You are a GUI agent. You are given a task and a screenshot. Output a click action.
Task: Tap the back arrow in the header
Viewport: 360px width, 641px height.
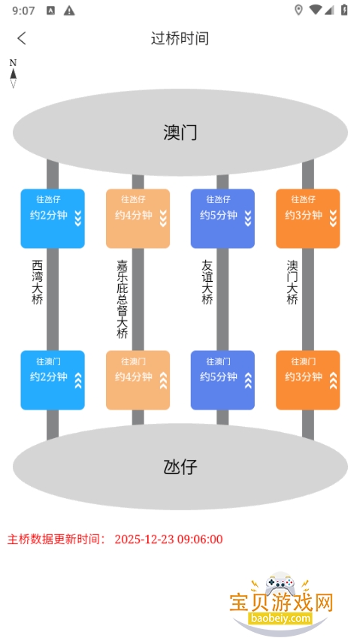tap(22, 38)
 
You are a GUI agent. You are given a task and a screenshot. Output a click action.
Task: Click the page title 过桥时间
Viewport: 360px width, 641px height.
tap(180, 38)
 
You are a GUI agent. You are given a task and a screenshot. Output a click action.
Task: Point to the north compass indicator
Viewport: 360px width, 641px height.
tap(13, 74)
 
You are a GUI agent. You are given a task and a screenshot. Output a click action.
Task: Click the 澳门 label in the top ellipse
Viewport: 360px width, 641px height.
tap(180, 132)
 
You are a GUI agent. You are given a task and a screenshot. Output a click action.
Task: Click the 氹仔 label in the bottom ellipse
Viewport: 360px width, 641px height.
tap(180, 467)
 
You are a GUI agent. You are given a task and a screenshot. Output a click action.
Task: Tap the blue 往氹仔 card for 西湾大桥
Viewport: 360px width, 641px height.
tap(53, 218)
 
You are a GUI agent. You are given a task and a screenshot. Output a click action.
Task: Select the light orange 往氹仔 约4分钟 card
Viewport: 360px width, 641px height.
tap(138, 218)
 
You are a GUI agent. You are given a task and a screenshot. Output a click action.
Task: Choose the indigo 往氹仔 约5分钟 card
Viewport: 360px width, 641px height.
tap(222, 218)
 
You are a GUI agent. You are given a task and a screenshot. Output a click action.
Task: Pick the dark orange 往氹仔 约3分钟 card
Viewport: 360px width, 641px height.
tap(307, 218)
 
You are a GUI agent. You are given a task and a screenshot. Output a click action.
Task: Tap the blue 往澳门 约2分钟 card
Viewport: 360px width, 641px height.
tap(53, 379)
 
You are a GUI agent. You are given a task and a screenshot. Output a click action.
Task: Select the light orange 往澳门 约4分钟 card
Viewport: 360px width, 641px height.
tap(138, 379)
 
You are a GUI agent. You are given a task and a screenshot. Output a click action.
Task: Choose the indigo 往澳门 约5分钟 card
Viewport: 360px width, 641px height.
tap(222, 379)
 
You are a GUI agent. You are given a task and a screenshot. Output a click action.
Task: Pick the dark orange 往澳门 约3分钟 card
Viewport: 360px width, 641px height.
tap(307, 379)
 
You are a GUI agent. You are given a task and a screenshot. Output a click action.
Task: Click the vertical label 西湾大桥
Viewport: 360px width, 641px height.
tap(38, 282)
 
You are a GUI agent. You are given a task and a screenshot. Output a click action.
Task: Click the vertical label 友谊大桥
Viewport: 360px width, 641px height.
tap(207, 282)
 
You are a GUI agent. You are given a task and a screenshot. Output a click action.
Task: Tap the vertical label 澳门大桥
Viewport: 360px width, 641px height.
tap(292, 282)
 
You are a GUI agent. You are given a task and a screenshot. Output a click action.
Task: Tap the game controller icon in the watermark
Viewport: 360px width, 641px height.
tap(280, 582)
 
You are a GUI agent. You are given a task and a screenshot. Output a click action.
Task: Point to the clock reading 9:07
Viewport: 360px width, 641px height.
tap(24, 11)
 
